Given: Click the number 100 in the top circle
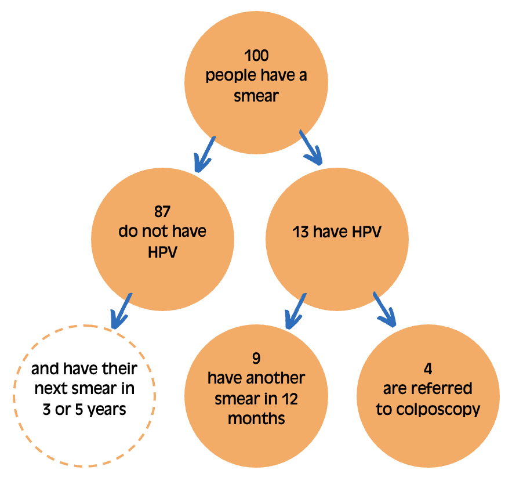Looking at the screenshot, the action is (256, 55).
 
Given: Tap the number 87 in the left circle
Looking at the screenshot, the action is (162, 212).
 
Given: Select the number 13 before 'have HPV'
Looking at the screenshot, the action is (300, 232).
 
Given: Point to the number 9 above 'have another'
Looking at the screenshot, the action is (256, 358).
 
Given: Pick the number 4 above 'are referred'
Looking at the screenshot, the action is (428, 369).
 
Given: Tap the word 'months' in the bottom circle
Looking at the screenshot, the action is (256, 418).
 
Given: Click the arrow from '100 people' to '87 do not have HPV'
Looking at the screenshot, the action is (204, 154).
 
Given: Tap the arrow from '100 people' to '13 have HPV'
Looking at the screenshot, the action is (311, 147).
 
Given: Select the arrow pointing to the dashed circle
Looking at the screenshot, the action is (121, 311).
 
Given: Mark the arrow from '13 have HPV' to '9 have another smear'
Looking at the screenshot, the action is (296, 311).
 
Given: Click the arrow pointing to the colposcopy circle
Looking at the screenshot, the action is (384, 309).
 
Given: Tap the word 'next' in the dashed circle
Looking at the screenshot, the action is (50, 389).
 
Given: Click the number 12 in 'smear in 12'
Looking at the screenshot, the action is (289, 399).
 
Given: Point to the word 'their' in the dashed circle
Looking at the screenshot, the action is (119, 369).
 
